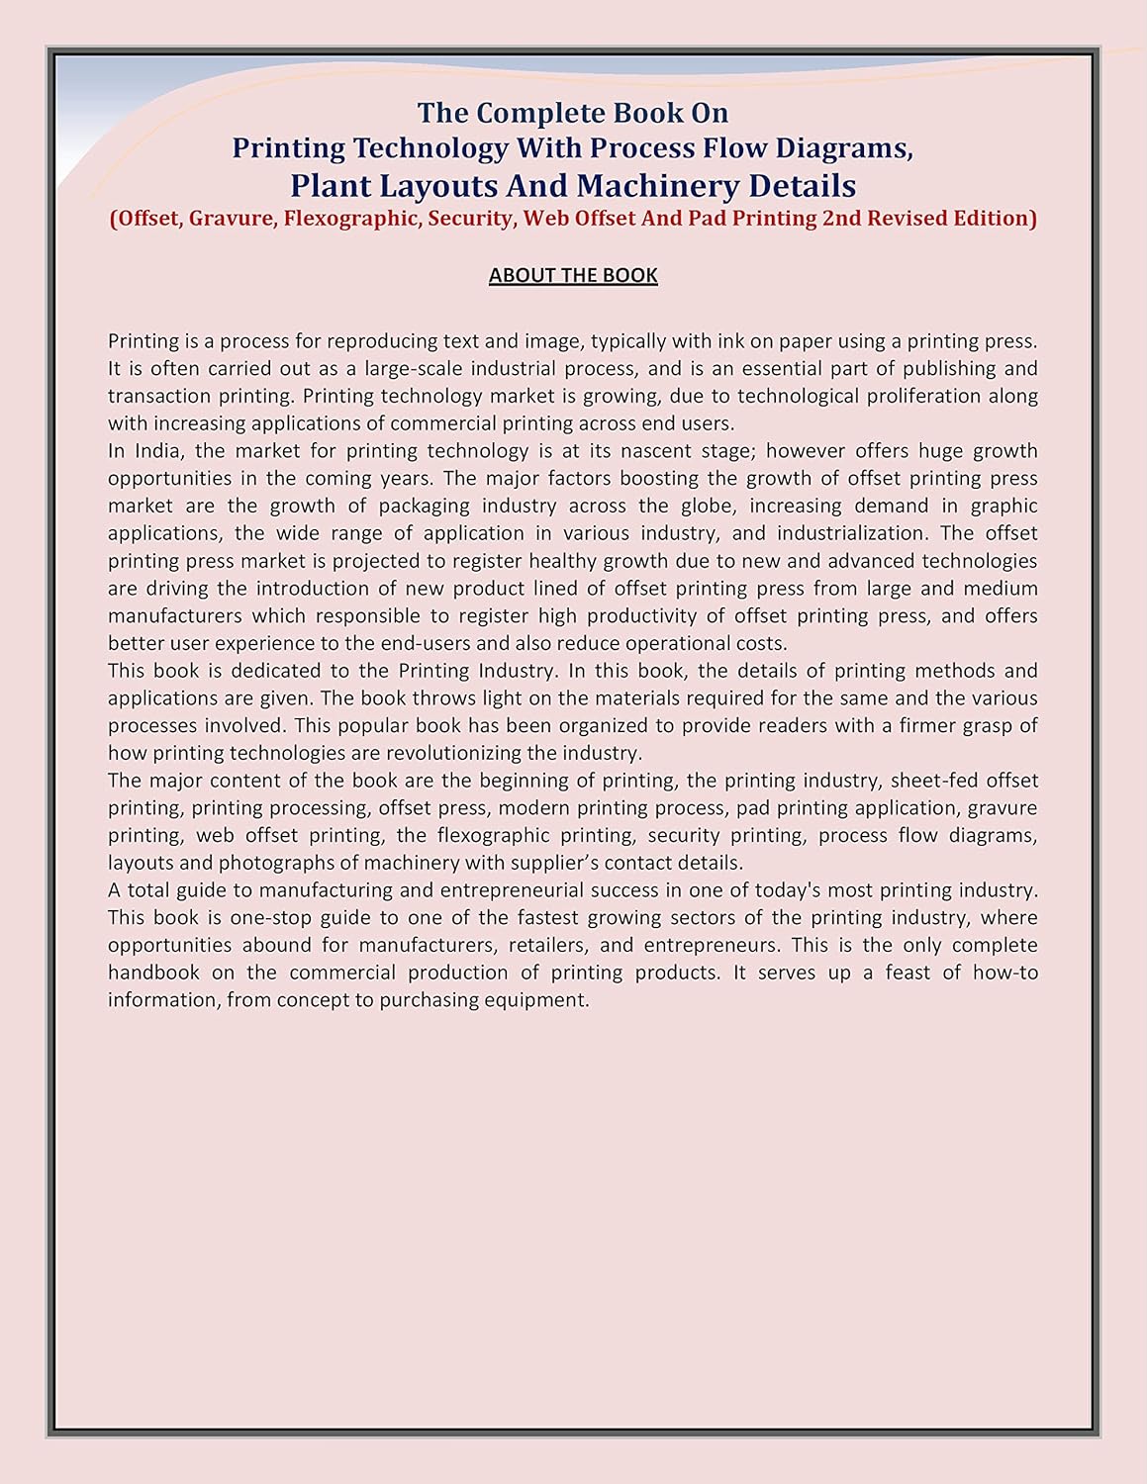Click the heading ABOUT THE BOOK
click(573, 275)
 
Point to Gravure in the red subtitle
click(231, 219)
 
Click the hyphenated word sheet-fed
click(934, 781)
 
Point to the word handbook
click(153, 973)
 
